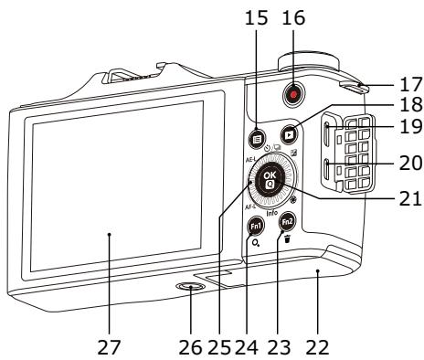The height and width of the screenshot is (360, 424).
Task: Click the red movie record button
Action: click(x=293, y=95)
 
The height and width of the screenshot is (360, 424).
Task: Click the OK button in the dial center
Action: click(x=270, y=180)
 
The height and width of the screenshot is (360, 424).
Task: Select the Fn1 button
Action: click(x=256, y=227)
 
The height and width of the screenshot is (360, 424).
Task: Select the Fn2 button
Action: click(x=287, y=222)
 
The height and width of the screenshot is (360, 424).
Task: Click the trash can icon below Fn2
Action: click(x=287, y=239)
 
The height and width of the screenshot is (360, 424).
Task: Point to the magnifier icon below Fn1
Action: click(x=256, y=243)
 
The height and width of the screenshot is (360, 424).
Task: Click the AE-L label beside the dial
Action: click(x=250, y=160)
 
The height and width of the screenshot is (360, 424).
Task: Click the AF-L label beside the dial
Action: click(x=250, y=207)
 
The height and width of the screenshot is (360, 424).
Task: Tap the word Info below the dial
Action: click(x=272, y=213)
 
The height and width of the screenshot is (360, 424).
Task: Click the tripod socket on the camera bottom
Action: click(x=190, y=287)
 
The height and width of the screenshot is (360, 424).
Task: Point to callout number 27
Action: click(x=109, y=347)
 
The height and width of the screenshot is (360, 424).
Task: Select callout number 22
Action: click(x=317, y=347)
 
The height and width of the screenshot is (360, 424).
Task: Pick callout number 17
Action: click(x=411, y=84)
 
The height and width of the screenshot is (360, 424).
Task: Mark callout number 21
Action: click(x=410, y=198)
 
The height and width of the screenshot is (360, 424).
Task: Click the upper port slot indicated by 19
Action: click(x=326, y=134)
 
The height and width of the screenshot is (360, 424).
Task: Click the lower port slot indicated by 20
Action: click(x=326, y=169)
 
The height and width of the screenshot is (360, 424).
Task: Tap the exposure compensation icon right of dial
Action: click(x=294, y=153)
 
